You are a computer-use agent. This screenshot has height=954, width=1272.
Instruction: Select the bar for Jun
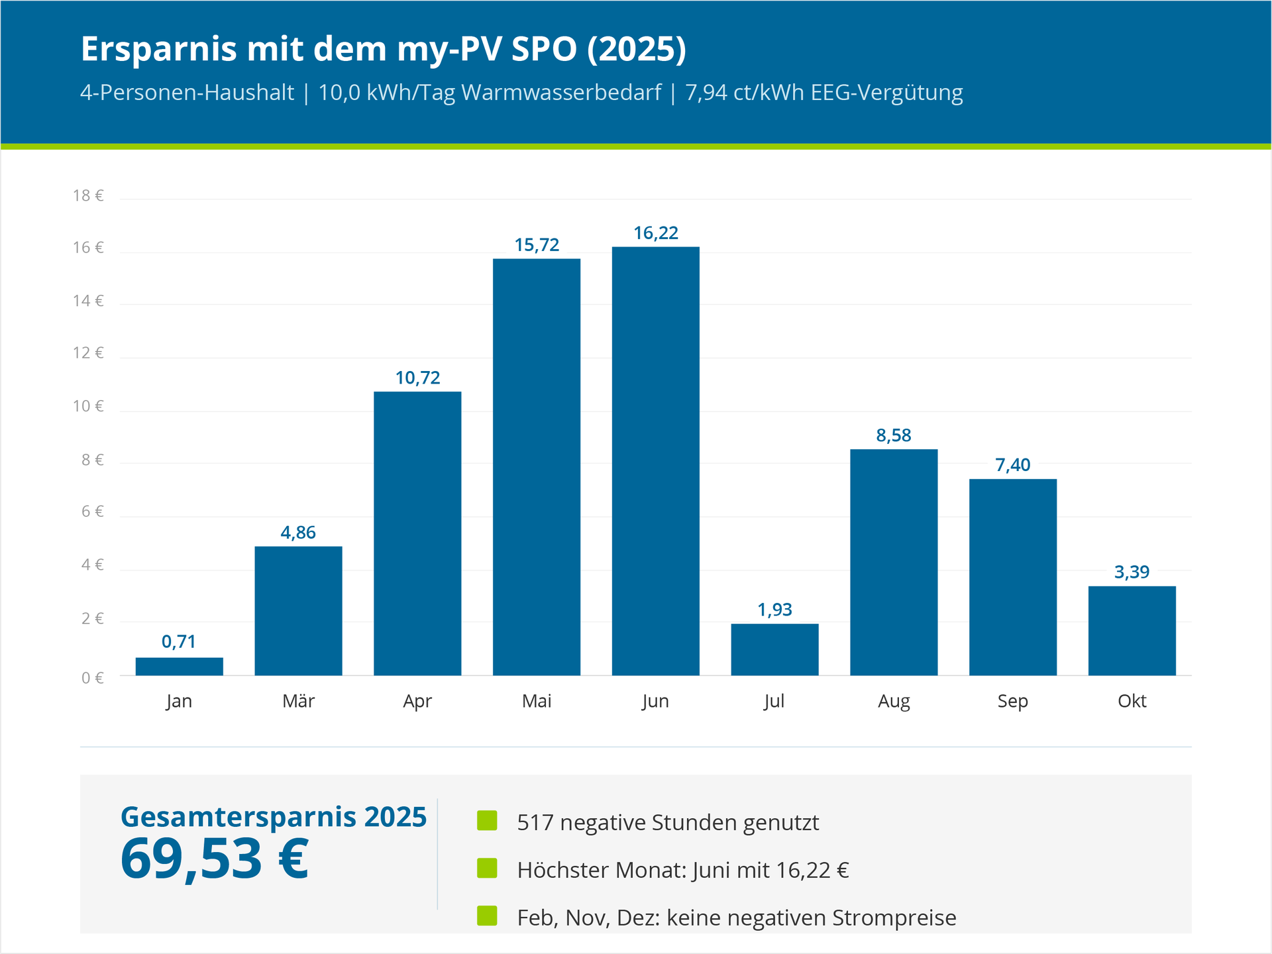tap(655, 461)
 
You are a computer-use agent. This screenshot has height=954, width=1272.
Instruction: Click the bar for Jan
tap(179, 666)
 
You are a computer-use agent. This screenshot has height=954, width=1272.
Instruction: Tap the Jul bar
tap(774, 649)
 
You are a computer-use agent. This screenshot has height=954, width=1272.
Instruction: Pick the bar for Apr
tap(417, 533)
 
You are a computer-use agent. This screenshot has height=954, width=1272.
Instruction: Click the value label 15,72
tap(537, 245)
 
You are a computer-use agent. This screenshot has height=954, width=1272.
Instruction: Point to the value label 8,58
tap(894, 435)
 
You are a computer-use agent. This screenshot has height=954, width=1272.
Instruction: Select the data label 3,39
tap(1132, 572)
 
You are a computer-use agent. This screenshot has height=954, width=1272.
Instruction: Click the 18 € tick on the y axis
tap(88, 195)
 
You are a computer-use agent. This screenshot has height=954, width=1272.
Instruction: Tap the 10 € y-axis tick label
tap(88, 406)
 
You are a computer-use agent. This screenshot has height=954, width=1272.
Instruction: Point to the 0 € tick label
tap(92, 678)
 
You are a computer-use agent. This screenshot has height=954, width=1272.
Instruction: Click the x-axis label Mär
tap(298, 701)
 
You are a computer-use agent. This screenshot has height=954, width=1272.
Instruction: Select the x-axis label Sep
tap(1012, 701)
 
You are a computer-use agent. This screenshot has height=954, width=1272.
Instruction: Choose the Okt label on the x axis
tap(1132, 701)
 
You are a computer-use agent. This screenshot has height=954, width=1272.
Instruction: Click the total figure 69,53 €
tap(215, 859)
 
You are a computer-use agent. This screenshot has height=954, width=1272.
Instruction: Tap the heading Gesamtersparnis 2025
tap(274, 817)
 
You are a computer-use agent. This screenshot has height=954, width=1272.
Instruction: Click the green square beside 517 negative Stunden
tap(487, 820)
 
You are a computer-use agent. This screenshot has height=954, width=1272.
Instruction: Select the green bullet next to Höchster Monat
tap(487, 868)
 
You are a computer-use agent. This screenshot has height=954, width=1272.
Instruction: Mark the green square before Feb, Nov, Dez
tap(487, 916)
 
